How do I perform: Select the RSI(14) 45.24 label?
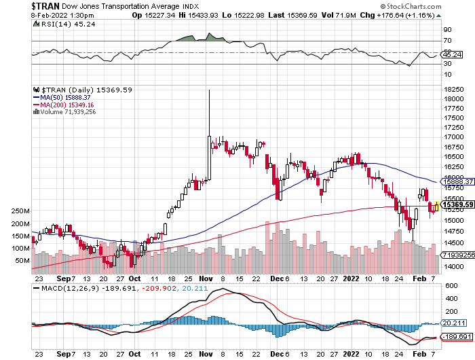coord(60,22)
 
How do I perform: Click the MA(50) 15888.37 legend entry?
coord(64,97)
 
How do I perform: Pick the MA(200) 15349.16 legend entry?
coord(66,105)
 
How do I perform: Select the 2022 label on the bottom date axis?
coord(351,278)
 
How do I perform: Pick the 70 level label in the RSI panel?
coord(448,41)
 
